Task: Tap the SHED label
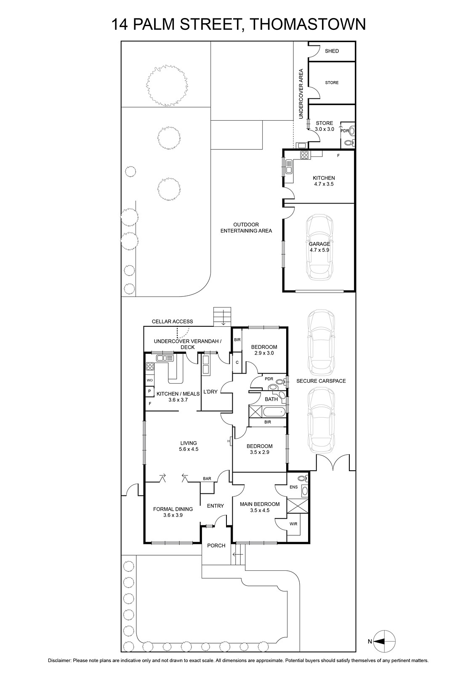(x=332, y=51)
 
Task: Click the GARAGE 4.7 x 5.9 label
(x=319, y=246)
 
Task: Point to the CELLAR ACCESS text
(x=172, y=321)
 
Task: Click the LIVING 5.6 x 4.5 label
(x=189, y=446)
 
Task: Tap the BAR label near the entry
(x=207, y=479)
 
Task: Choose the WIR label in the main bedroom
(x=293, y=524)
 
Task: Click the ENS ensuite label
(x=293, y=487)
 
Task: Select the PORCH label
(x=216, y=545)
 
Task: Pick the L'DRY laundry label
(x=210, y=392)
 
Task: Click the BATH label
(x=271, y=399)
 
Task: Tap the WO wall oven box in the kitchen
(x=149, y=380)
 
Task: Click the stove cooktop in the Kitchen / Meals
(x=150, y=366)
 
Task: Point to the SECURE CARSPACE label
(x=321, y=381)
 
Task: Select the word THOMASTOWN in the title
(x=308, y=24)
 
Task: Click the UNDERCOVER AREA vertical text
(x=301, y=94)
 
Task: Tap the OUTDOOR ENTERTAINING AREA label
(x=246, y=228)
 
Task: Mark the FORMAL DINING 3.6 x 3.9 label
(x=173, y=512)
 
